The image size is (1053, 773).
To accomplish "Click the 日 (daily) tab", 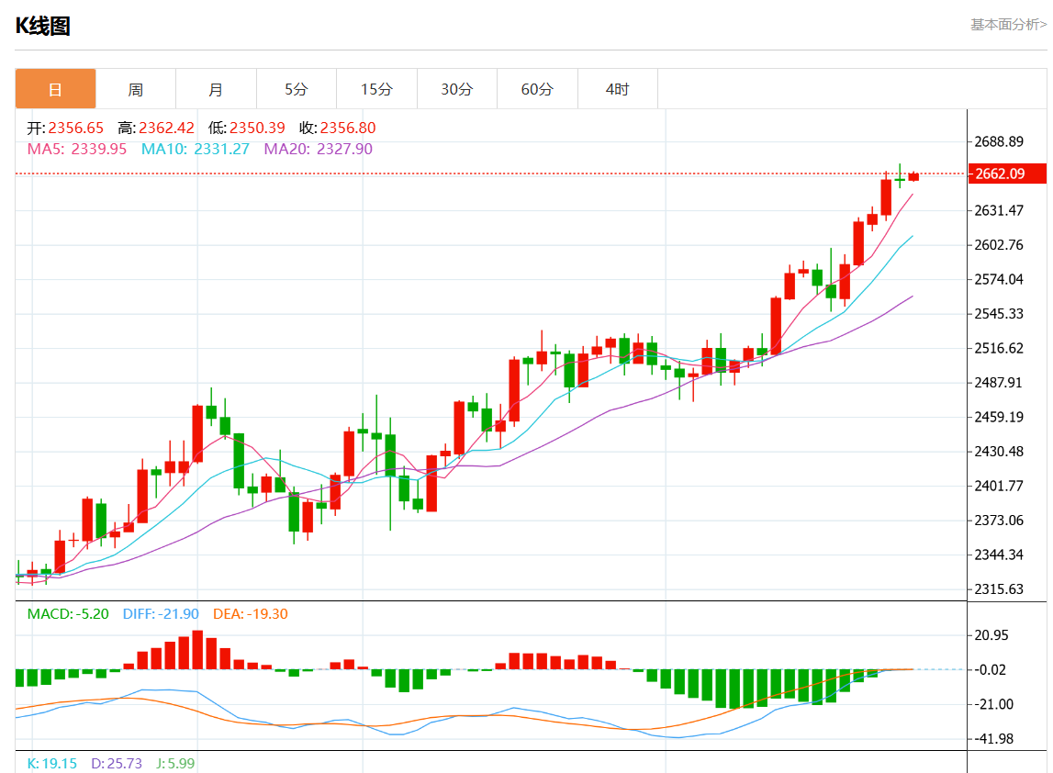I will [x=55, y=89].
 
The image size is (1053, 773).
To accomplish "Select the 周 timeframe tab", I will [x=136, y=89].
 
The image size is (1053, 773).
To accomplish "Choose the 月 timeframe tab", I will [x=216, y=89].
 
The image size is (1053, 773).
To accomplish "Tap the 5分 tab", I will [x=297, y=89].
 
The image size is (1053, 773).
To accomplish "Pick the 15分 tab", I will [x=376, y=89].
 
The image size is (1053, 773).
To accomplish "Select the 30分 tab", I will [x=457, y=89].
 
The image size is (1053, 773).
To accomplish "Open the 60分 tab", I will [x=537, y=89].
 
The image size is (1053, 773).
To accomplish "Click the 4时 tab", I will [x=618, y=89].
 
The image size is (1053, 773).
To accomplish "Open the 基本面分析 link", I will [x=1008, y=25].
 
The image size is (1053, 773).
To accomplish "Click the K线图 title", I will [x=43, y=26].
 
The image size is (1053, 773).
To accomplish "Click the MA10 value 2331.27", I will [x=221, y=149].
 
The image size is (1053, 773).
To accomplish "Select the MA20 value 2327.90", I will [x=344, y=149].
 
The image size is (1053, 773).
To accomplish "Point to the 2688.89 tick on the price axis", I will [x=1000, y=141].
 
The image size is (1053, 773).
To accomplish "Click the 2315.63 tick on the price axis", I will [x=1000, y=588].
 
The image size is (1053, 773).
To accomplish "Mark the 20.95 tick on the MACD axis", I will [x=991, y=635].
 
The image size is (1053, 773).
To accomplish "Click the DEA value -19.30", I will [x=266, y=613].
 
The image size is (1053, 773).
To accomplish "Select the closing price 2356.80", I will [x=348, y=129].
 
